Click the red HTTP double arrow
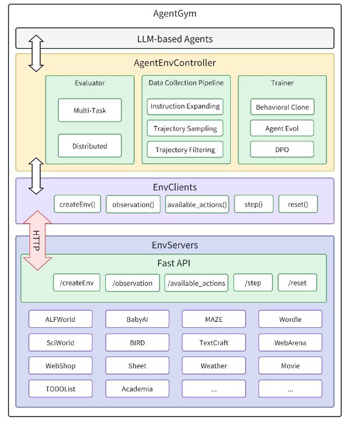click(x=37, y=240)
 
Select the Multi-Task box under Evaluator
click(x=90, y=110)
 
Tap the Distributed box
click(x=90, y=146)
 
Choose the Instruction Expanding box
click(x=185, y=106)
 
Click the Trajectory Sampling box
click(x=185, y=128)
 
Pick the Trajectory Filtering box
click(x=185, y=149)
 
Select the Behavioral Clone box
click(x=283, y=107)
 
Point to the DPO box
click(x=282, y=149)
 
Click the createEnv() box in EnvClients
click(x=77, y=204)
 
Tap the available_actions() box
click(x=197, y=204)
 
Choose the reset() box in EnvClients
click(x=298, y=204)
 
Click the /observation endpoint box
click(x=132, y=283)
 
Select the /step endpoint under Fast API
click(x=253, y=283)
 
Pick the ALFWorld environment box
click(x=60, y=319)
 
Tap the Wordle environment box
click(x=290, y=319)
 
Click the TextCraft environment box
click(x=214, y=342)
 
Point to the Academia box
click(x=137, y=389)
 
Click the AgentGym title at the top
click(x=175, y=13)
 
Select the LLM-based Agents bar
click(x=175, y=38)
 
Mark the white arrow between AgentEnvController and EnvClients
click(x=36, y=176)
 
